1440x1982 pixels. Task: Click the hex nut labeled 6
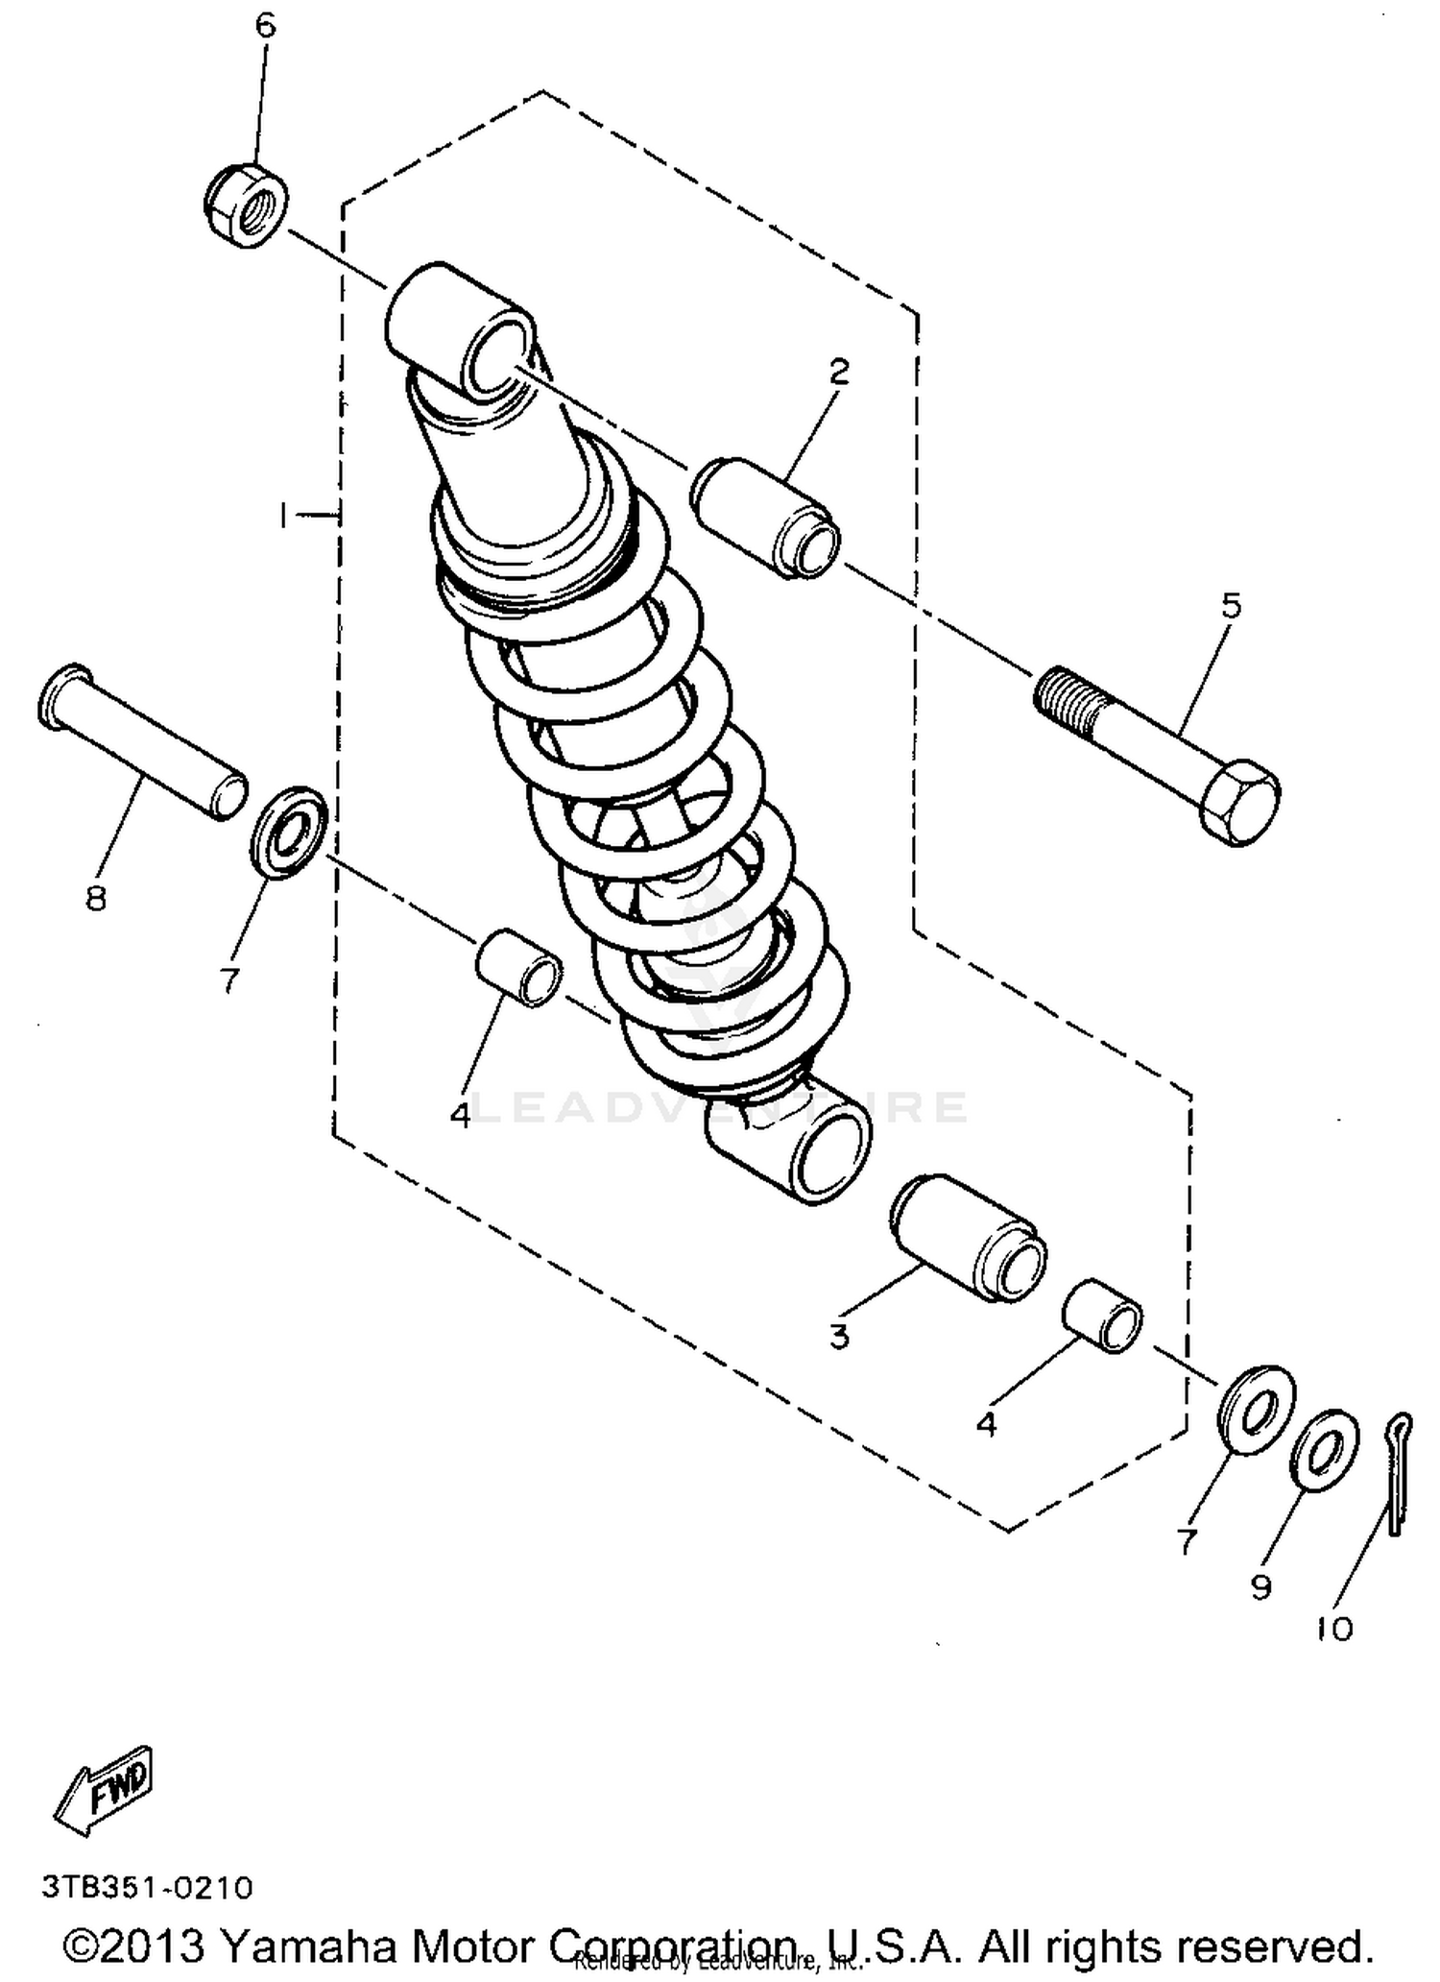246,205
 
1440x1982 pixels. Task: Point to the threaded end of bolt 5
1067,696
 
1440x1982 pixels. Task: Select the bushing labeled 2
765,519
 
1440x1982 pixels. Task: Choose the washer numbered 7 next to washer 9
1257,1408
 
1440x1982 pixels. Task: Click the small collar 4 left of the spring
518,968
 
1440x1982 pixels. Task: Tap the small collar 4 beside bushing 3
1104,1317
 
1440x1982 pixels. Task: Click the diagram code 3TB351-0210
147,1887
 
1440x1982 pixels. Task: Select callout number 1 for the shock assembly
284,516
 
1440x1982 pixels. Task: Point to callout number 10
1333,1628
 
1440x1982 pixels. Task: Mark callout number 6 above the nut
264,26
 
